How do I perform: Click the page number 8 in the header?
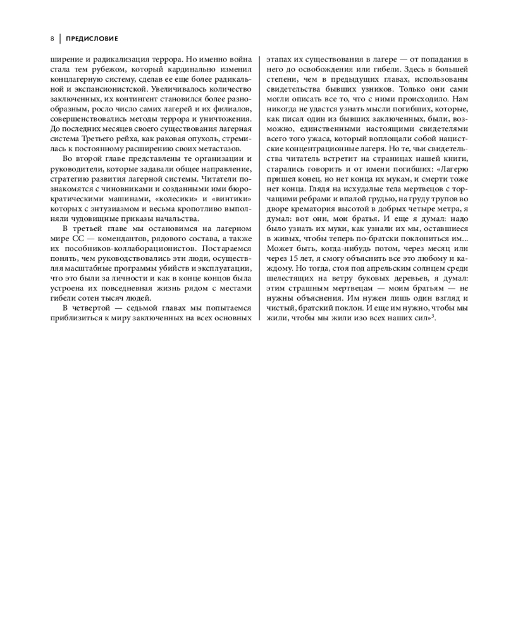[52, 39]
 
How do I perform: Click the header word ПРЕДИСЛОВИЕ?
[92, 39]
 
